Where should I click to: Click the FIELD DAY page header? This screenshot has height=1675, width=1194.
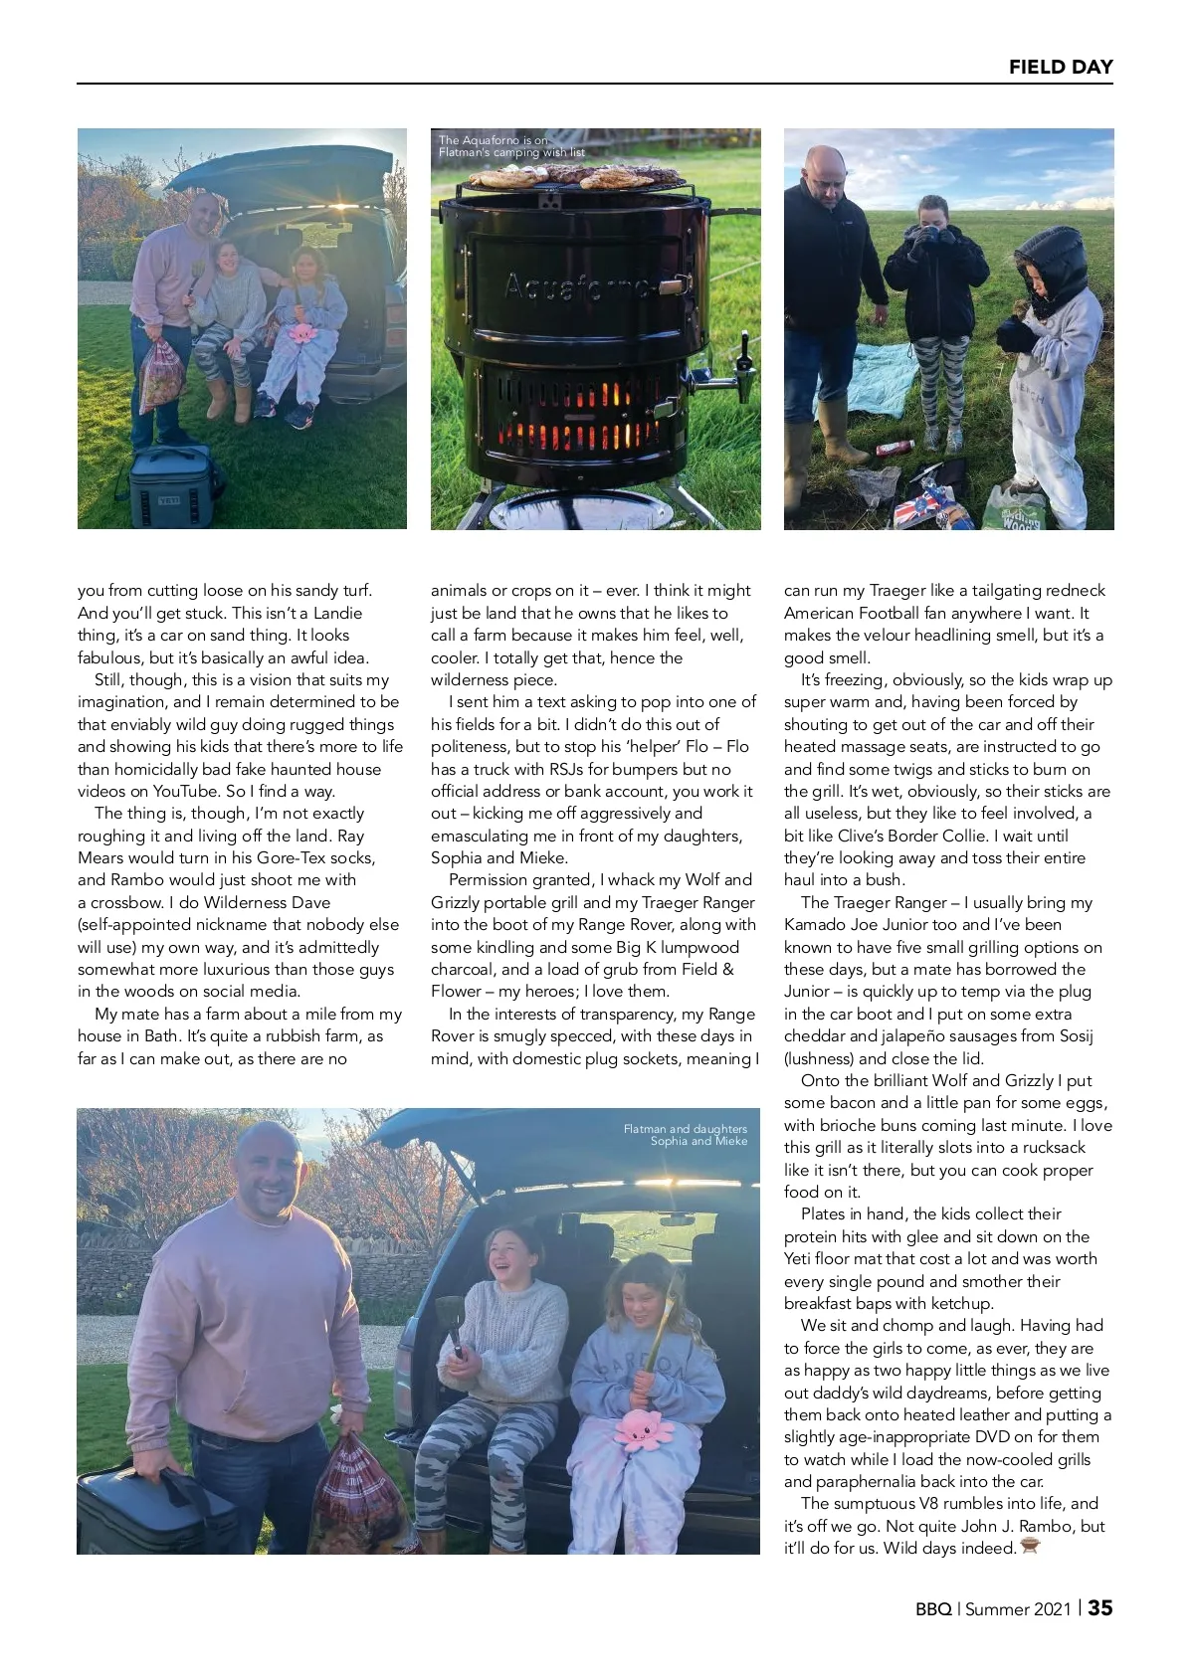tap(1060, 67)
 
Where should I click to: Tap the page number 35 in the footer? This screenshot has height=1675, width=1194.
tap(1099, 1608)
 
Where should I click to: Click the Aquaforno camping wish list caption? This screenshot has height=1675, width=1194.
tap(511, 146)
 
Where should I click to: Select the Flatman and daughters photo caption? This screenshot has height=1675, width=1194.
tap(686, 1135)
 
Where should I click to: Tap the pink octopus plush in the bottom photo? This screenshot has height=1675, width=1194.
tap(642, 1429)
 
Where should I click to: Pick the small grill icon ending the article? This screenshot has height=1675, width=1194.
tap(1029, 1547)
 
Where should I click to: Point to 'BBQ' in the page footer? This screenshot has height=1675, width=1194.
tap(933, 1609)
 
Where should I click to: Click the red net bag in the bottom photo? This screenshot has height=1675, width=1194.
tap(355, 1492)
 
